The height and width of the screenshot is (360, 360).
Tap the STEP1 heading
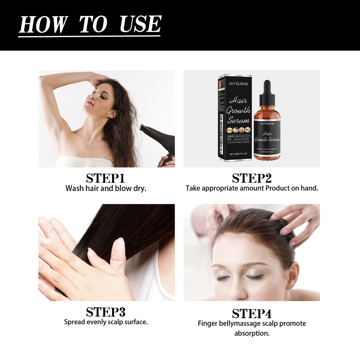[x=106, y=178]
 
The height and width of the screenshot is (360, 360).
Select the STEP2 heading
[x=252, y=178]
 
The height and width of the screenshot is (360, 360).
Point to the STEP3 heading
[x=106, y=312]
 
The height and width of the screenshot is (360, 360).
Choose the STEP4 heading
[x=252, y=313]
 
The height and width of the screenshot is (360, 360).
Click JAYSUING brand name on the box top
[x=238, y=84]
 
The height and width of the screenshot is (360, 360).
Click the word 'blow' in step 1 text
[x=123, y=188]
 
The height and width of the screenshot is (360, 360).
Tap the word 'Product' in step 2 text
[x=278, y=188]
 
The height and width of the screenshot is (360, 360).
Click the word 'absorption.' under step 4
[x=252, y=333]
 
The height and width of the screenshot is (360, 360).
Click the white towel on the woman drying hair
[x=85, y=162]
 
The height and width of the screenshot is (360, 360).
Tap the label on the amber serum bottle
[x=267, y=136]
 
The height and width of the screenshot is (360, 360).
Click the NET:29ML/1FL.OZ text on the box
[x=238, y=154]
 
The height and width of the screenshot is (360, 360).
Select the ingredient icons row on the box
[x=239, y=130]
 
